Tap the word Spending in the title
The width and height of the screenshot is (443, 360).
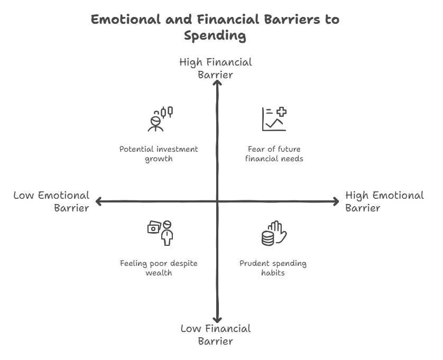[215, 36]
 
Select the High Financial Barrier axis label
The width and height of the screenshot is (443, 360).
[216, 68]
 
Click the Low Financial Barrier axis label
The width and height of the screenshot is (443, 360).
[216, 335]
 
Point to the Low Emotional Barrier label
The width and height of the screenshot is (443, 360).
[51, 201]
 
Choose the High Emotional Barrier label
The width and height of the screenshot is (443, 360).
[384, 201]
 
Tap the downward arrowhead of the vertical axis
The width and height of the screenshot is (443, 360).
[216, 319]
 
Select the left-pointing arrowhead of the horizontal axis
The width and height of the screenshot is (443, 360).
[98, 201]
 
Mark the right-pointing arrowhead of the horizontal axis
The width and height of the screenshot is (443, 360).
[336, 201]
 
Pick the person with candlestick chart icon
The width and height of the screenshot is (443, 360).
[160, 119]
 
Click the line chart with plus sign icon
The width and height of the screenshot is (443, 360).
[274, 119]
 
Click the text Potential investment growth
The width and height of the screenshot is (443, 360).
[159, 154]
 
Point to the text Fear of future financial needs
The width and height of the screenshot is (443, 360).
[274, 154]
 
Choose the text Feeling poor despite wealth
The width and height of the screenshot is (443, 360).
[159, 268]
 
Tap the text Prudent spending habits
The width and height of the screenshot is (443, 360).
[273, 268]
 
